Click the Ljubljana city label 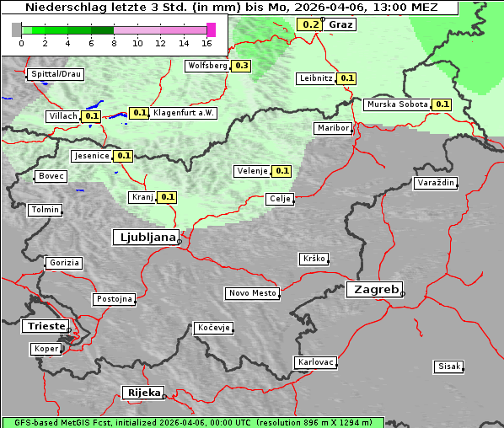pyautogui.click(x=145, y=238)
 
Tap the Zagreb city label pyautogui.click(x=373, y=289)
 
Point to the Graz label pyautogui.click(x=340, y=24)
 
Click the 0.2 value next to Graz pyautogui.click(x=310, y=24)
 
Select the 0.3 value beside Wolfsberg pyautogui.click(x=242, y=65)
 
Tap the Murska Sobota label pyautogui.click(x=396, y=104)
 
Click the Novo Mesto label pyautogui.click(x=252, y=293)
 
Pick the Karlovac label pyautogui.click(x=316, y=362)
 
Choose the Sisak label pyautogui.click(x=448, y=366)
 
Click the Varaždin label pyautogui.click(x=436, y=183)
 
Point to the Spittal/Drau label pyautogui.click(x=56, y=74)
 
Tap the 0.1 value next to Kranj pyautogui.click(x=167, y=197)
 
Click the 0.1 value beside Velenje pyautogui.click(x=281, y=171)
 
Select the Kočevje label pyautogui.click(x=213, y=328)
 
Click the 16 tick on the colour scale pyautogui.click(x=206, y=43)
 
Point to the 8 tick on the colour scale pyautogui.click(x=114, y=43)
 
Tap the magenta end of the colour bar pyautogui.click(x=211, y=29)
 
